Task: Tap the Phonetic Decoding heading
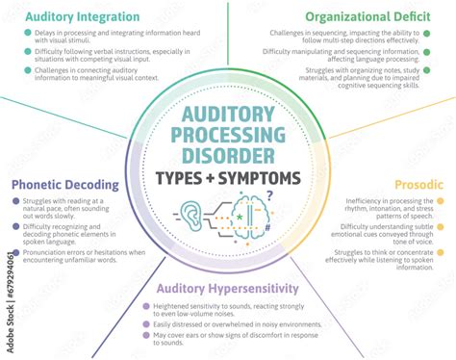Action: coord(64,185)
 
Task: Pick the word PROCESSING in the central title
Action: coord(227,135)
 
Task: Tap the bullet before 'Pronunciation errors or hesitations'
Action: coord(14,252)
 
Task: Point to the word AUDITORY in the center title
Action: coord(227,114)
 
